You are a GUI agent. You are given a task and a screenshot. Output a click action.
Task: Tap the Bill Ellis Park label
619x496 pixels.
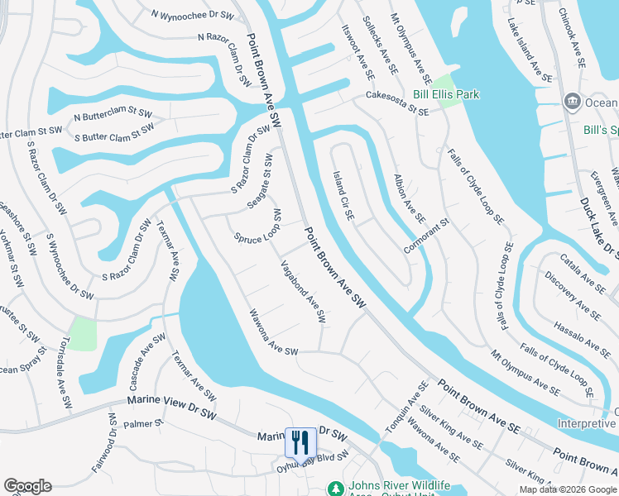447,95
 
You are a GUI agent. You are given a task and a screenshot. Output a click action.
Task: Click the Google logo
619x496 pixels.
27,486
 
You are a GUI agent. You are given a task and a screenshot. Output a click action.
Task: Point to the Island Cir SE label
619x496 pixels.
343,196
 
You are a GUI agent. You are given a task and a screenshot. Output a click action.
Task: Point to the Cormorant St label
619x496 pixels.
426,236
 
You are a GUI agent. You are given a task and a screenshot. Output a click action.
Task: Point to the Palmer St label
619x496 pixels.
144,424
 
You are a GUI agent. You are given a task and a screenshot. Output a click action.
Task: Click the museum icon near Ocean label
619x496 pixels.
572,102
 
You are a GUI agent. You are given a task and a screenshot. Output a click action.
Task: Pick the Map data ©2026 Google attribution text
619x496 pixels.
567,489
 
